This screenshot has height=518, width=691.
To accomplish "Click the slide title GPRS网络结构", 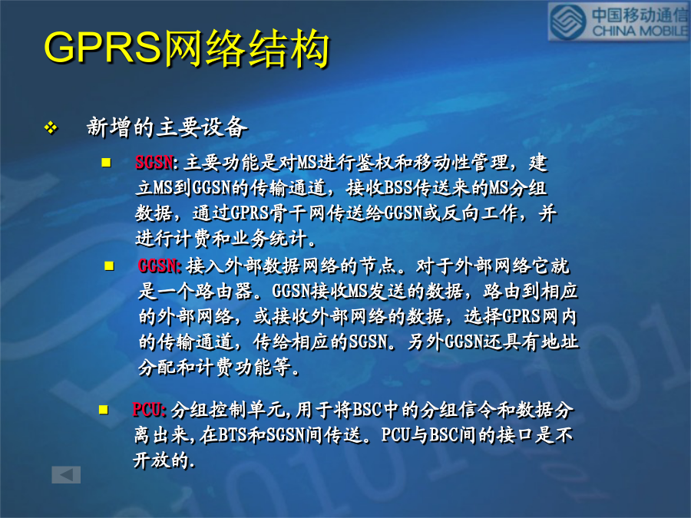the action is [187, 48].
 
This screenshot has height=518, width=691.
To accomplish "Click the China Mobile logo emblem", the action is [567, 22].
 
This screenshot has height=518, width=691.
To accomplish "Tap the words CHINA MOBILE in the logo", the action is [640, 31].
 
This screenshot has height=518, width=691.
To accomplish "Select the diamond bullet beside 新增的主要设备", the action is [51, 127].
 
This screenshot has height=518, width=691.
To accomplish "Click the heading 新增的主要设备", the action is [167, 127].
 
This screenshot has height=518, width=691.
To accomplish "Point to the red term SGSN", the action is [154, 163].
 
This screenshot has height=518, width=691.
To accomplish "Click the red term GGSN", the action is [157, 266].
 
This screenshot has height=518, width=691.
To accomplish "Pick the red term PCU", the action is [147, 410].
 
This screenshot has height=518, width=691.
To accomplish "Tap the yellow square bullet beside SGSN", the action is [106, 163].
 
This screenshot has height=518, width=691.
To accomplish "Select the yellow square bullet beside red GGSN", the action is [109, 266].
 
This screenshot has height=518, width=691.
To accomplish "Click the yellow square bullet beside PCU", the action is [104, 410].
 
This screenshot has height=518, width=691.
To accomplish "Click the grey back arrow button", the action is [66, 474].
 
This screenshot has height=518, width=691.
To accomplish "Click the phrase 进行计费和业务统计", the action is [221, 239].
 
